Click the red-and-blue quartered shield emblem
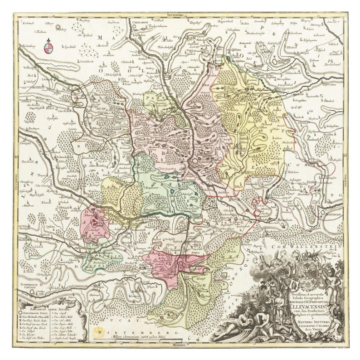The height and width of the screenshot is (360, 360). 49,45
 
